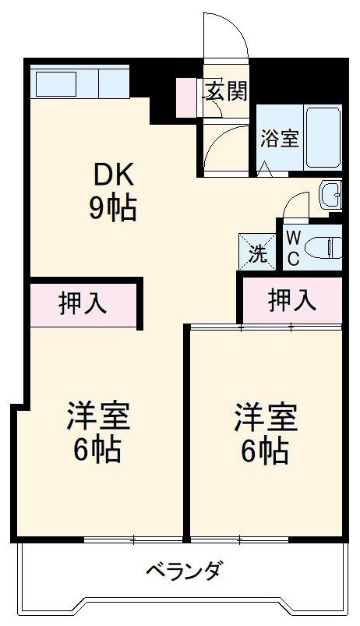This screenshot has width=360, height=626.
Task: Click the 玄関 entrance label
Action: pyautogui.click(x=227, y=91)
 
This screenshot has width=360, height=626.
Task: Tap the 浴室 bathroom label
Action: pyautogui.click(x=279, y=139)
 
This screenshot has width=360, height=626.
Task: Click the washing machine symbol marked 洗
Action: pyautogui.click(x=257, y=251)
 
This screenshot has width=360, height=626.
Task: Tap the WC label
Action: pyautogui.click(x=293, y=249)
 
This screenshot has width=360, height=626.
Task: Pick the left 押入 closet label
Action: pyautogui.click(x=83, y=304)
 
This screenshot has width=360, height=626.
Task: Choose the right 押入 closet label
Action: pyautogui.click(x=291, y=299)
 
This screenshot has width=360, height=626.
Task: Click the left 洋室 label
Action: pyautogui.click(x=97, y=416)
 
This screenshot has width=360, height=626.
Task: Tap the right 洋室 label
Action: pyautogui.click(x=266, y=416)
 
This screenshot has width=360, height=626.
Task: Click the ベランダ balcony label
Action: pyautogui.click(x=185, y=571)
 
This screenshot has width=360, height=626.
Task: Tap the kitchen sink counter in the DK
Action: pyautogui.click(x=79, y=83)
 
